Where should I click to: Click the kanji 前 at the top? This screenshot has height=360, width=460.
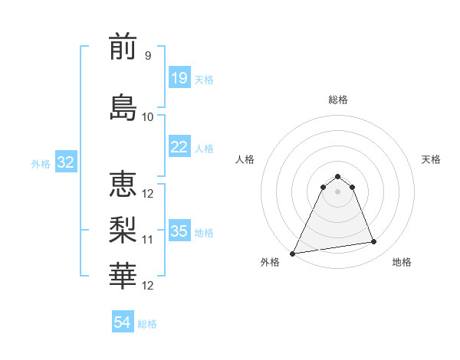[x=123, y=48]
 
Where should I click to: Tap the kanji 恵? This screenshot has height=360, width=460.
[x=123, y=185]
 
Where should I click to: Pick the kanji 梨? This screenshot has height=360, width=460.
[x=123, y=230]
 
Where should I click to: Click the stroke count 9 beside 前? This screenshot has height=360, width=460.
[x=147, y=56]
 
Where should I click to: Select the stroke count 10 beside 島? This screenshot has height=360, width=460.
[x=148, y=117]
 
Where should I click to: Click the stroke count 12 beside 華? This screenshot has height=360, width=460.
[x=148, y=286]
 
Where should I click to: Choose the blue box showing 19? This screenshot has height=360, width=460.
[x=179, y=78]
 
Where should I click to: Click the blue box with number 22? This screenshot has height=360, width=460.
[x=179, y=147]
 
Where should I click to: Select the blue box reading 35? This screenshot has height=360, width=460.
[x=179, y=231]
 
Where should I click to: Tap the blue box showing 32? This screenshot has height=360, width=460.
[x=65, y=162]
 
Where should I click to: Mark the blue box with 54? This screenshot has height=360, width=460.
[x=122, y=322]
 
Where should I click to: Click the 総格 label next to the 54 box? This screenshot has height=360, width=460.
[x=147, y=324]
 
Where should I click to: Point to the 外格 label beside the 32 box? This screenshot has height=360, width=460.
[x=41, y=163]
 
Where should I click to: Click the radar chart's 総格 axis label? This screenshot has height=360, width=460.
[x=337, y=100]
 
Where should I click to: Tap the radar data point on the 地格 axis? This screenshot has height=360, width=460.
[x=374, y=242]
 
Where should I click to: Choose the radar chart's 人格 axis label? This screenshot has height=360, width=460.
[x=245, y=159]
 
